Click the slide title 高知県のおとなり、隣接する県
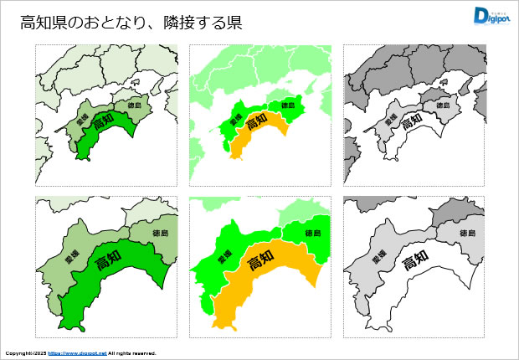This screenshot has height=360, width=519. point(131,23)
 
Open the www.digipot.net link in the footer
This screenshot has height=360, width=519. point(77,353)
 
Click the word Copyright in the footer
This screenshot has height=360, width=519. point(18,353)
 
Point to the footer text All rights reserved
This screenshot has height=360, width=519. point(132,353)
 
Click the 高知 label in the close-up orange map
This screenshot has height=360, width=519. point(262,262)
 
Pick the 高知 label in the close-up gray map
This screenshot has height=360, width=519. point(416,262)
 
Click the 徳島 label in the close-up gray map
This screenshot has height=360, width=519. point(468,233)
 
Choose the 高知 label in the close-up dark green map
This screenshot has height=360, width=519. point(108,262)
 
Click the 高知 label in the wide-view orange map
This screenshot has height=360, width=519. point(257,121)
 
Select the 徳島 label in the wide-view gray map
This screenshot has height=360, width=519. point(443,105)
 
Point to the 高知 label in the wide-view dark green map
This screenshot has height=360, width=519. point(103,121)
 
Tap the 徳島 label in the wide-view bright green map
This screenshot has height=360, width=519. point(289,105)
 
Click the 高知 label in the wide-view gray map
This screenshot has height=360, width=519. point(411,121)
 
